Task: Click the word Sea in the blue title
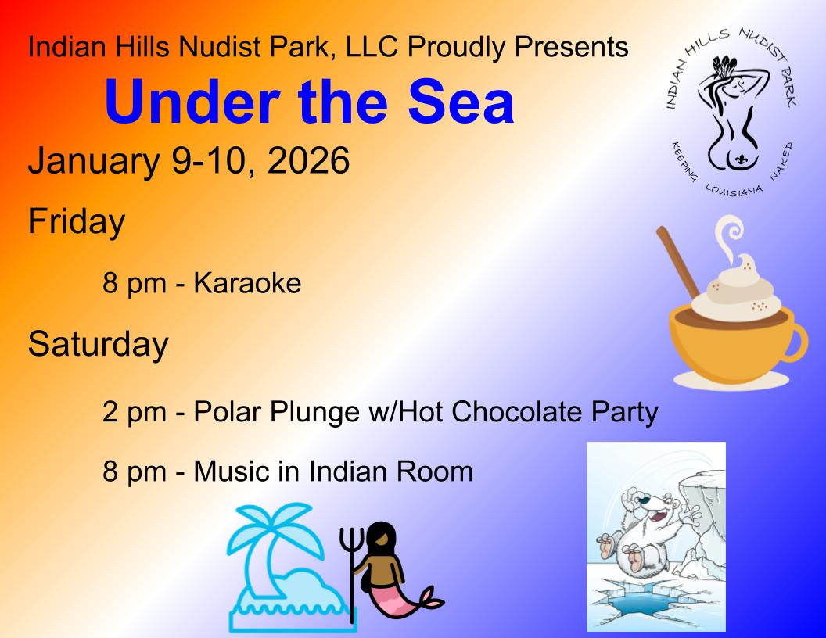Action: pos(461,101)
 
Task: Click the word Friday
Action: pos(77,221)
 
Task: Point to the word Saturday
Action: pos(98,344)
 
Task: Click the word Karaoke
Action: pos(247,283)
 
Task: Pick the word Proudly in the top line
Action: pos(457,48)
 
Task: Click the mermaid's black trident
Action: pos(351,568)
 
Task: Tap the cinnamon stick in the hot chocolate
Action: pos(678,261)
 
